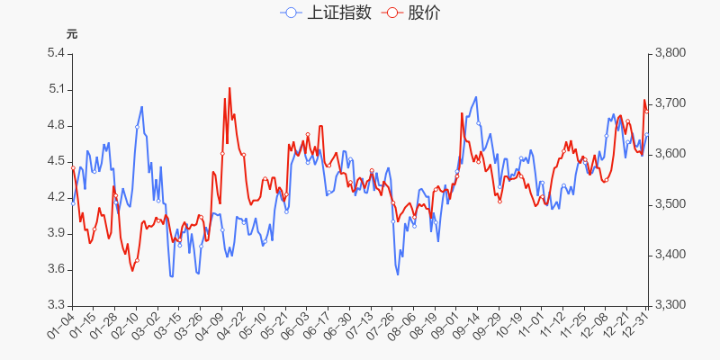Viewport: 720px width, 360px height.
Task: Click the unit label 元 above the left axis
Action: [x=72, y=34]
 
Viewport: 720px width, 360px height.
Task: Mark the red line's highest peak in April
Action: [x=229, y=88]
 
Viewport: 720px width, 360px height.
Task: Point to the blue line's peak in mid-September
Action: [x=476, y=97]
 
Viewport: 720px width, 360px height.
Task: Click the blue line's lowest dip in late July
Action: [x=398, y=274]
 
